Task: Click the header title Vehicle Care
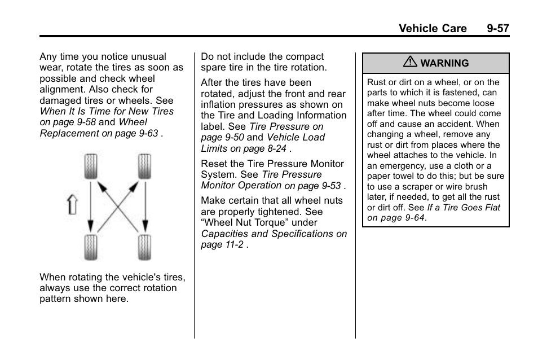click(433, 28)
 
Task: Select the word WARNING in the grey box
click(444, 64)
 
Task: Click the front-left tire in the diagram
click(90, 167)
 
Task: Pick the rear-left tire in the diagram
click(90, 247)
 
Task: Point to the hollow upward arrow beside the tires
click(72, 204)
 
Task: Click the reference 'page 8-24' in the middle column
click(267, 149)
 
